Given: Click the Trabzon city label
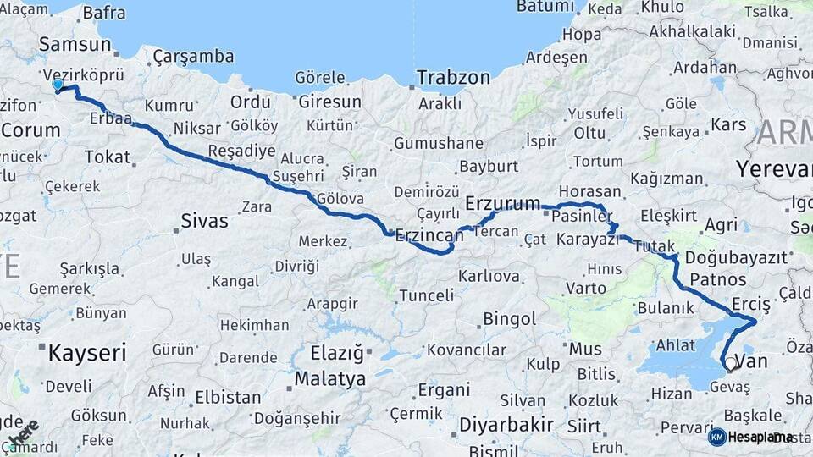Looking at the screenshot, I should (x=452, y=78).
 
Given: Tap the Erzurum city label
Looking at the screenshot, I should (x=503, y=204).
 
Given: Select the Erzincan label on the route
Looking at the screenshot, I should (x=430, y=235).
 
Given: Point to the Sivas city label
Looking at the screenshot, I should (x=204, y=222).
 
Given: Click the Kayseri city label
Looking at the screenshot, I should (x=87, y=352).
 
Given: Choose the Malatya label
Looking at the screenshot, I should (x=330, y=378).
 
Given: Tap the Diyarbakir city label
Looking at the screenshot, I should (x=506, y=424).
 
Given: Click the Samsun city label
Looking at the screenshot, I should (x=75, y=45).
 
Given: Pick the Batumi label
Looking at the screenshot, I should (x=545, y=7).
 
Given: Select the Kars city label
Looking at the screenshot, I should (x=728, y=124).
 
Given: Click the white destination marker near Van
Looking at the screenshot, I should (x=731, y=364).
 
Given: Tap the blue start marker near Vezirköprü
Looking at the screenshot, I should (x=58, y=85).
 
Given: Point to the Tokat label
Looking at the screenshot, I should (x=108, y=157).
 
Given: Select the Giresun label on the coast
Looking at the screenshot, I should (x=330, y=102).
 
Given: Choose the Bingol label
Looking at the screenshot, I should (x=509, y=319).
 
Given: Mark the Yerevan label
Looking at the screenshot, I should (x=774, y=168).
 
